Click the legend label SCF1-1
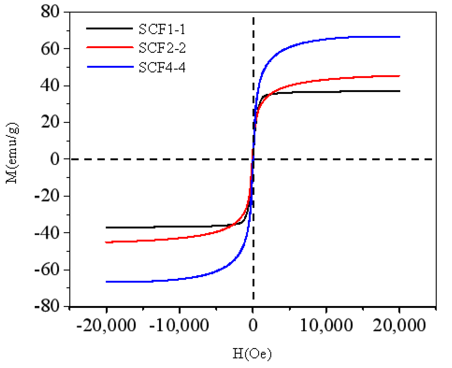click(x=162, y=29)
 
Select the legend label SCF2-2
click(x=162, y=48)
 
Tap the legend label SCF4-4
click(x=162, y=68)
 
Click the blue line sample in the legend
click(x=110, y=67)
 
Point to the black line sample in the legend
click(x=110, y=28)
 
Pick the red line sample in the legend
click(x=110, y=47)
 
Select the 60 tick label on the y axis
click(x=50, y=49)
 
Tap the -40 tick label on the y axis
click(x=47, y=233)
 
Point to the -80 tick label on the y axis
click(x=47, y=306)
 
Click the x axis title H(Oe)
click(x=252, y=354)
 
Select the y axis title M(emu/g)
click(x=12, y=153)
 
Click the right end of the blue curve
click(x=399, y=37)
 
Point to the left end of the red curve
click(x=106, y=242)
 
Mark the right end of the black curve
click(x=399, y=91)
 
